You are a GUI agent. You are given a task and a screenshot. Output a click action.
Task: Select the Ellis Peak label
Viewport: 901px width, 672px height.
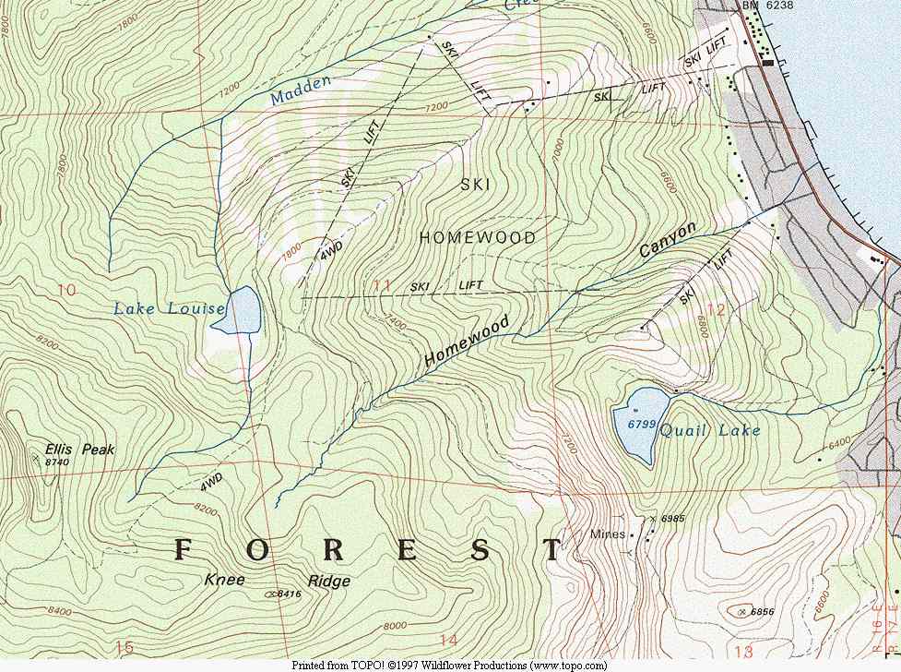tap(80, 450)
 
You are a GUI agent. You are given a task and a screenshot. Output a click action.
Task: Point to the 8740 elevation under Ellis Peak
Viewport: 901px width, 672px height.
tap(57, 462)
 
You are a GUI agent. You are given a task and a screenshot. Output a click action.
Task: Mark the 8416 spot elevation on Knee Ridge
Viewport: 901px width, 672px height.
tap(289, 594)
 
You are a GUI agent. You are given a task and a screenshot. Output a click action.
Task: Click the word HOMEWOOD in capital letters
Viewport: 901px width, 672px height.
tap(477, 238)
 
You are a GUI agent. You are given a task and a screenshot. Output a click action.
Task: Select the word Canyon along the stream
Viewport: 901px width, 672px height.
tap(668, 239)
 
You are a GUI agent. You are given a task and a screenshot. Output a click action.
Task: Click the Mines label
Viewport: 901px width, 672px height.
tap(608, 534)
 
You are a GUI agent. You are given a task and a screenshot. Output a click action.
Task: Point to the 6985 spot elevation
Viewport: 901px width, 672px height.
tap(673, 520)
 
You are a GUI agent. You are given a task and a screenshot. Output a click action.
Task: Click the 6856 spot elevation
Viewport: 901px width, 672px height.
tap(762, 612)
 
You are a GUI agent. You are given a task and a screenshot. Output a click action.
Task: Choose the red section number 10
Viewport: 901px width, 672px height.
tap(65, 290)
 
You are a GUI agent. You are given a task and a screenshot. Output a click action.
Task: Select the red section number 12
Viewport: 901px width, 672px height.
tap(716, 309)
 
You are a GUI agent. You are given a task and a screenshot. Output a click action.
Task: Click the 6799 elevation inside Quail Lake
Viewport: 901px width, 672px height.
tap(640, 424)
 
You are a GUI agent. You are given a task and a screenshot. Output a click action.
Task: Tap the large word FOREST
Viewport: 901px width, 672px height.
tap(366, 550)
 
